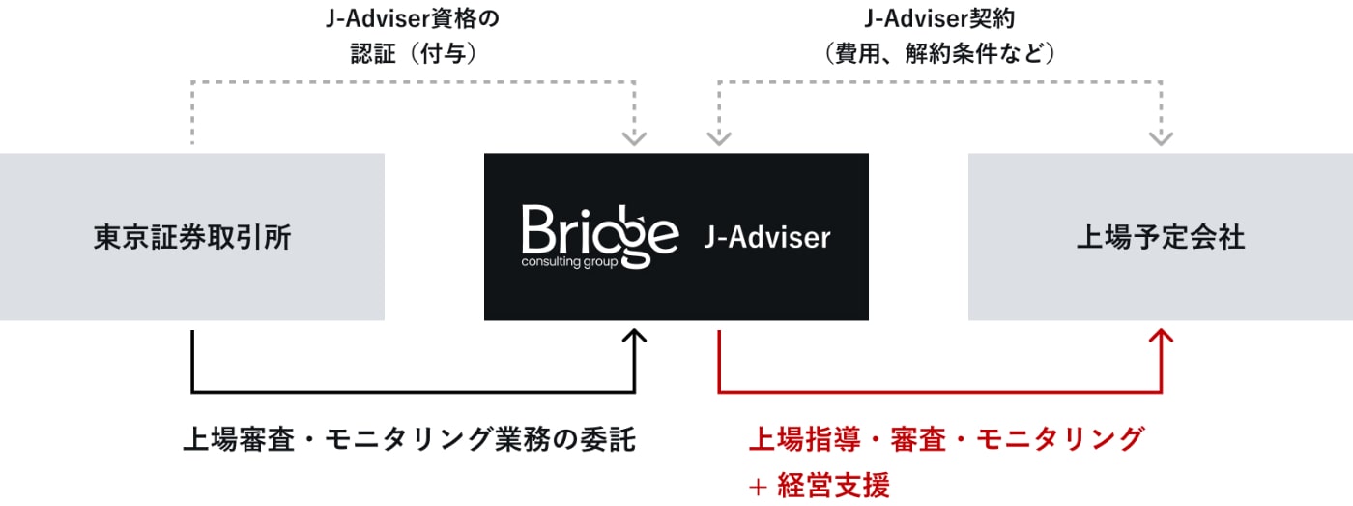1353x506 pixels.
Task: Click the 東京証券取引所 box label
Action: tap(192, 238)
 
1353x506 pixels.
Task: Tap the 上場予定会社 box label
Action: tap(1160, 238)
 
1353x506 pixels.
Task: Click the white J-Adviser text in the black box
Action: tap(767, 237)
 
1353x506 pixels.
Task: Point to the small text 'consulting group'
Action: tap(569, 262)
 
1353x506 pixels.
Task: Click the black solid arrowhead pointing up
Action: tap(635, 337)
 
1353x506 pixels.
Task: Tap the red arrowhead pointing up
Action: tap(1161, 337)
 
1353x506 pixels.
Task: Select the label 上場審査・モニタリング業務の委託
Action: tap(409, 439)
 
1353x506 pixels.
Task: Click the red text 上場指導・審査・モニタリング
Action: tap(946, 439)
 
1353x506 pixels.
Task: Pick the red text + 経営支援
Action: tap(819, 485)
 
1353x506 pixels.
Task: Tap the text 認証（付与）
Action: tap(413, 53)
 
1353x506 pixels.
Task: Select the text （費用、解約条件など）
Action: tap(939, 53)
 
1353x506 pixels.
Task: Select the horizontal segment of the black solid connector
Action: tap(414, 392)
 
